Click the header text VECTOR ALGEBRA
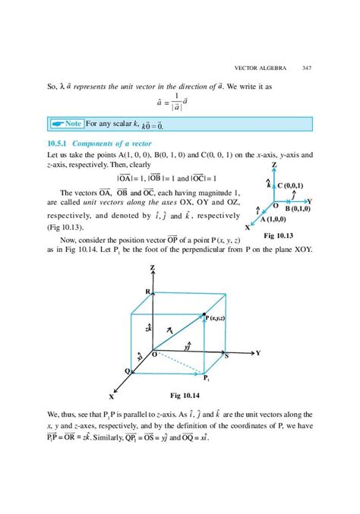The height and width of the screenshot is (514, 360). [x=262, y=68]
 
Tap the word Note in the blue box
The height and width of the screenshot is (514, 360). [x=74, y=123]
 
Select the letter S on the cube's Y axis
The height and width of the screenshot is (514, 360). [x=226, y=355]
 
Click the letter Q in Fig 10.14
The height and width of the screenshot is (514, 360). [x=127, y=370]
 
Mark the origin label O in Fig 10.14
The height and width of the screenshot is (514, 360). [x=153, y=354]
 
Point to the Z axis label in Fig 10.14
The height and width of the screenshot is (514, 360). [x=153, y=268]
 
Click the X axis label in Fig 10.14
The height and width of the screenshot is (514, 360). [x=112, y=396]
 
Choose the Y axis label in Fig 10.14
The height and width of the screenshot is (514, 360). [x=258, y=353]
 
